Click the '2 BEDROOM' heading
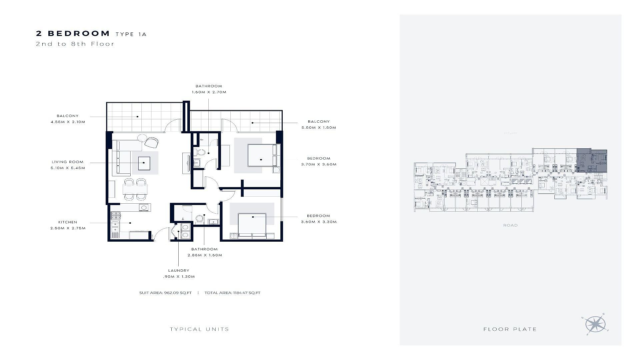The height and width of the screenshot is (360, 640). click(73, 33)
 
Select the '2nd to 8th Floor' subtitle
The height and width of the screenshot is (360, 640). click(75, 44)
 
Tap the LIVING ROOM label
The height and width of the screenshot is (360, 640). click(68, 162)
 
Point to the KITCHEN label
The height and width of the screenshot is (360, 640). click(68, 222)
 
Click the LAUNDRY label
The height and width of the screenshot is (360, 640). click(179, 271)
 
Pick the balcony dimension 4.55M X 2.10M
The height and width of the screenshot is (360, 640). click(68, 122)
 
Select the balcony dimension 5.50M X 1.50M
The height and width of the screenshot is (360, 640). click(319, 128)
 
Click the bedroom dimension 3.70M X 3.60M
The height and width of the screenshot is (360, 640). click(319, 164)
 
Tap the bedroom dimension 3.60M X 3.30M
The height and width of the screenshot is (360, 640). click(319, 222)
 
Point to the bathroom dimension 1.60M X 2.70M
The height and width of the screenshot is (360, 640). click(209, 92)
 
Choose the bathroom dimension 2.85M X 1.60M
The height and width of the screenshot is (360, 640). click(205, 255)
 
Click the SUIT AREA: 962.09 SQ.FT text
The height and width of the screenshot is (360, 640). click(165, 293)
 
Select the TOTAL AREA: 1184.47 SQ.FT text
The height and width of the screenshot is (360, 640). click(232, 293)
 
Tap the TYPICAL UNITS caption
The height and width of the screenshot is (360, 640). click(199, 329)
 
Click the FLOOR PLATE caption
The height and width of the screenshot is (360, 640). click(510, 329)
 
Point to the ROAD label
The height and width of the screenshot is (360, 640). click(510, 225)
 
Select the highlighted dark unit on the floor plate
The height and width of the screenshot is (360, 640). click(592, 161)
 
